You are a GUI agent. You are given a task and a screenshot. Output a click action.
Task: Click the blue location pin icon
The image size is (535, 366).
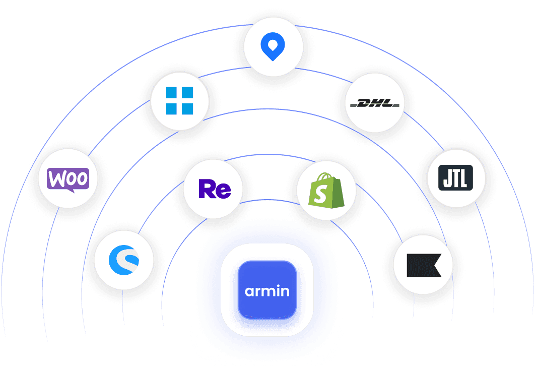[x=273, y=49]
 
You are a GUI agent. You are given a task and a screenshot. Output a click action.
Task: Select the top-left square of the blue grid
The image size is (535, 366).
[x=173, y=93]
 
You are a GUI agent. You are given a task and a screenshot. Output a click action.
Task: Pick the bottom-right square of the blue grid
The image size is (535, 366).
[x=187, y=108]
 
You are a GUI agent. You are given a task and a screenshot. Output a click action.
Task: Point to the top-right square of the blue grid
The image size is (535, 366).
[x=187, y=93]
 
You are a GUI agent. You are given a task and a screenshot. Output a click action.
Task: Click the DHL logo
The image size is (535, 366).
[x=374, y=103]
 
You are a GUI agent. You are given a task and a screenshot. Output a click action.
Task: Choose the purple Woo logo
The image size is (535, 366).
[x=68, y=179]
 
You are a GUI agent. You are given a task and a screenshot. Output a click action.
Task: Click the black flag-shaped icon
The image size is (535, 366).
[x=423, y=264]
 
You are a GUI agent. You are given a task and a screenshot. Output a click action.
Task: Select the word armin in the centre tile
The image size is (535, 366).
[x=267, y=291]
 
